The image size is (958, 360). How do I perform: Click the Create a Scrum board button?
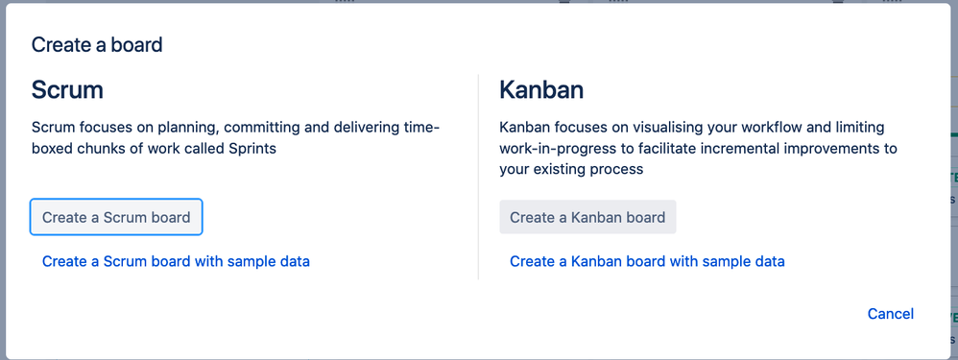116,217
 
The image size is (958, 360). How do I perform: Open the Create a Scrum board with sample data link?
176,261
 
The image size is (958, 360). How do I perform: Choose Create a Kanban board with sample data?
647,261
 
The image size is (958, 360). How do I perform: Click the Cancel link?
890,314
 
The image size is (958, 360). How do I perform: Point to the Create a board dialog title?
97,44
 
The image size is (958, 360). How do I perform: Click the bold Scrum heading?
67,90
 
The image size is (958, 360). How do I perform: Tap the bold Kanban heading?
541,90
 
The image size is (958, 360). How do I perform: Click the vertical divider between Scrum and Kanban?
478,178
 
